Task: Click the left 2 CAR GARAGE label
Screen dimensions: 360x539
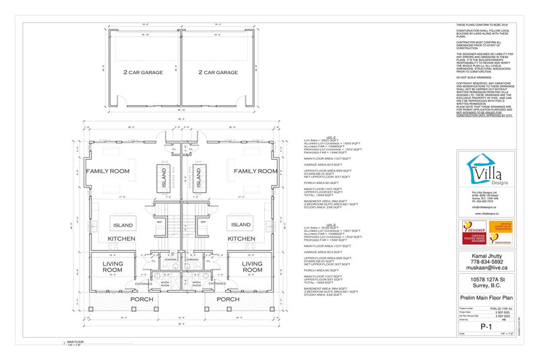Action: pyautogui.click(x=142, y=72)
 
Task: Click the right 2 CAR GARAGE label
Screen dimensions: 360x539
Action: pyautogui.click(x=218, y=72)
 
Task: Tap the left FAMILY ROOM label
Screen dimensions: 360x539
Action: pyautogui.click(x=107, y=172)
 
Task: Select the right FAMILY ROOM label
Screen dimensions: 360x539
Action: pyautogui.click(x=256, y=172)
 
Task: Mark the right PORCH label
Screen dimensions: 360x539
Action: pyautogui.click(x=229, y=299)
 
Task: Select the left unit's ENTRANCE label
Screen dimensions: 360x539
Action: pyautogui.click(x=145, y=284)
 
